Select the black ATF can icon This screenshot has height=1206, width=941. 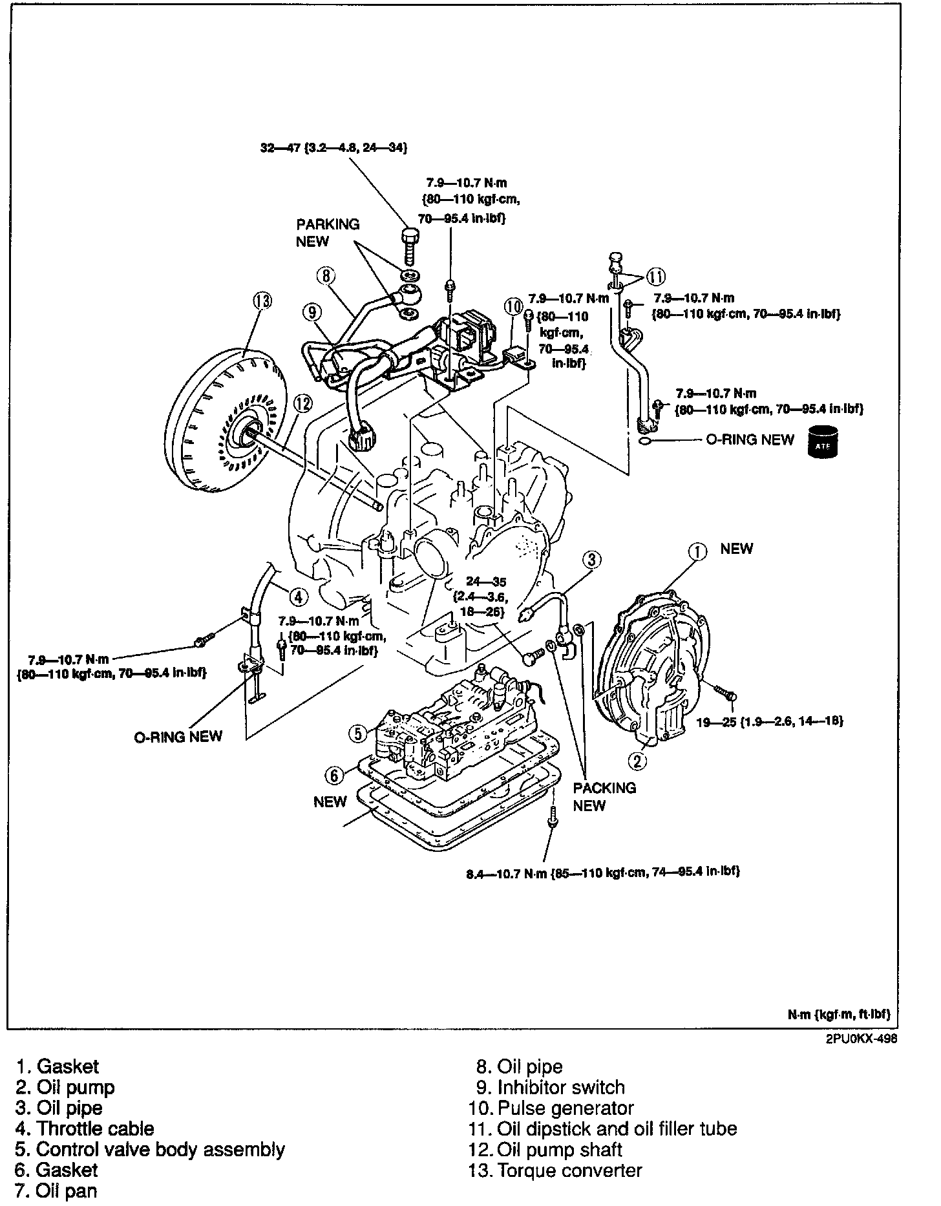pos(823,441)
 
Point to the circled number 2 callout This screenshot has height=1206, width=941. pos(638,761)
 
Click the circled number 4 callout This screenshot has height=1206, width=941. pos(298,596)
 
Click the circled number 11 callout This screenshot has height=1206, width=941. pos(655,277)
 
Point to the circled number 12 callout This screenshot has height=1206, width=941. pos(302,404)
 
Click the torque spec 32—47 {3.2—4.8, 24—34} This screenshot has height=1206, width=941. pos(333,147)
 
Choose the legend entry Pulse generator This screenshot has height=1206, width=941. pos(566,1108)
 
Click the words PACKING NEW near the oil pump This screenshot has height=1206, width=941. pos(604,796)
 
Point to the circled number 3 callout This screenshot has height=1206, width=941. pos(593,559)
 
